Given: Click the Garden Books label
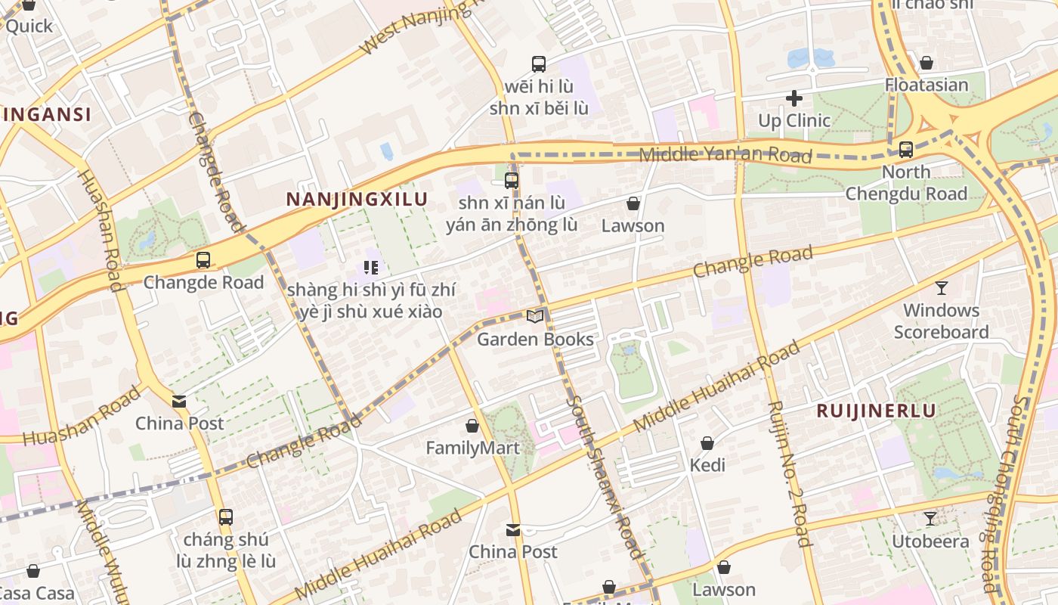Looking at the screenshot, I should [535, 339].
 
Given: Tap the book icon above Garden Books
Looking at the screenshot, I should [535, 317].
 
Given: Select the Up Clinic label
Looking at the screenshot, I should [793, 120].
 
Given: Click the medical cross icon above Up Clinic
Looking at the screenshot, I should [793, 98].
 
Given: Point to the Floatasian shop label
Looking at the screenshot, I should [927, 85].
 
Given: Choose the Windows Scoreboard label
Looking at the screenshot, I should [941, 321].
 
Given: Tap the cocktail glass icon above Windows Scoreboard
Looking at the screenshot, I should [941, 287].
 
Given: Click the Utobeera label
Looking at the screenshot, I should [930, 541].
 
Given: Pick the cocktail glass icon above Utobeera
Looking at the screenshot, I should [930, 518].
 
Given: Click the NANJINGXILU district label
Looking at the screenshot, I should [357, 200].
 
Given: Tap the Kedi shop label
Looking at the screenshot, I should [707, 465].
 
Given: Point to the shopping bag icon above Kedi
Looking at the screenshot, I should [707, 442].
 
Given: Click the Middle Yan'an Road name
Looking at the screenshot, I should [725, 155].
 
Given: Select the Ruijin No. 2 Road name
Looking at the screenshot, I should [789, 473].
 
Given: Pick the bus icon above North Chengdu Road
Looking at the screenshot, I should [905, 149].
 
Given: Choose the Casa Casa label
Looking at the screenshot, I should [36, 593].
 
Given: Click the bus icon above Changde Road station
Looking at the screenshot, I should [203, 260].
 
